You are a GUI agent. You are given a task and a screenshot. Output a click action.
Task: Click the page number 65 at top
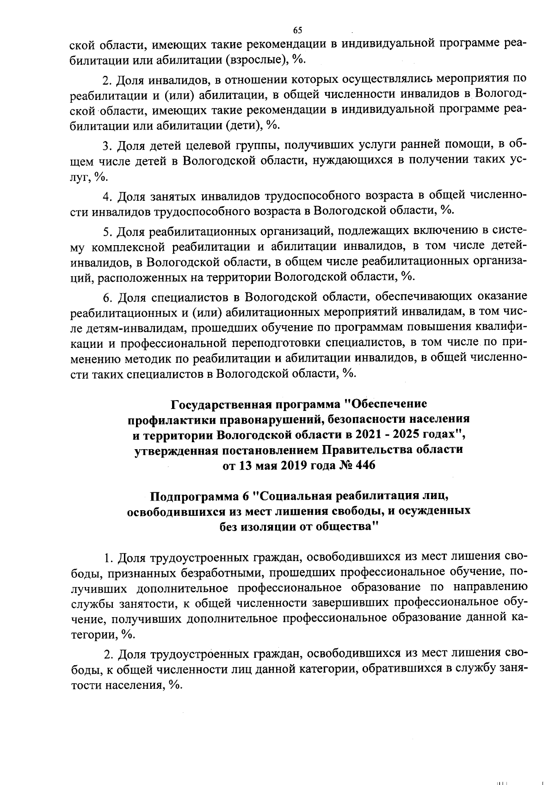pyautogui.click(x=297, y=30)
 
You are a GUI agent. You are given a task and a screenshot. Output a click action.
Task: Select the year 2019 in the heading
pyautogui.click(x=290, y=465)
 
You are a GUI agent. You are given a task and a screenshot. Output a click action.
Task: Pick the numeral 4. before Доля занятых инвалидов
pyautogui.click(x=107, y=196)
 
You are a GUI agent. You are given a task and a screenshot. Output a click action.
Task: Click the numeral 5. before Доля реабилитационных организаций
pyautogui.click(x=107, y=230)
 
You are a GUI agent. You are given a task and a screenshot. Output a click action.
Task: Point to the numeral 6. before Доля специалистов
pyautogui.click(x=107, y=296)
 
